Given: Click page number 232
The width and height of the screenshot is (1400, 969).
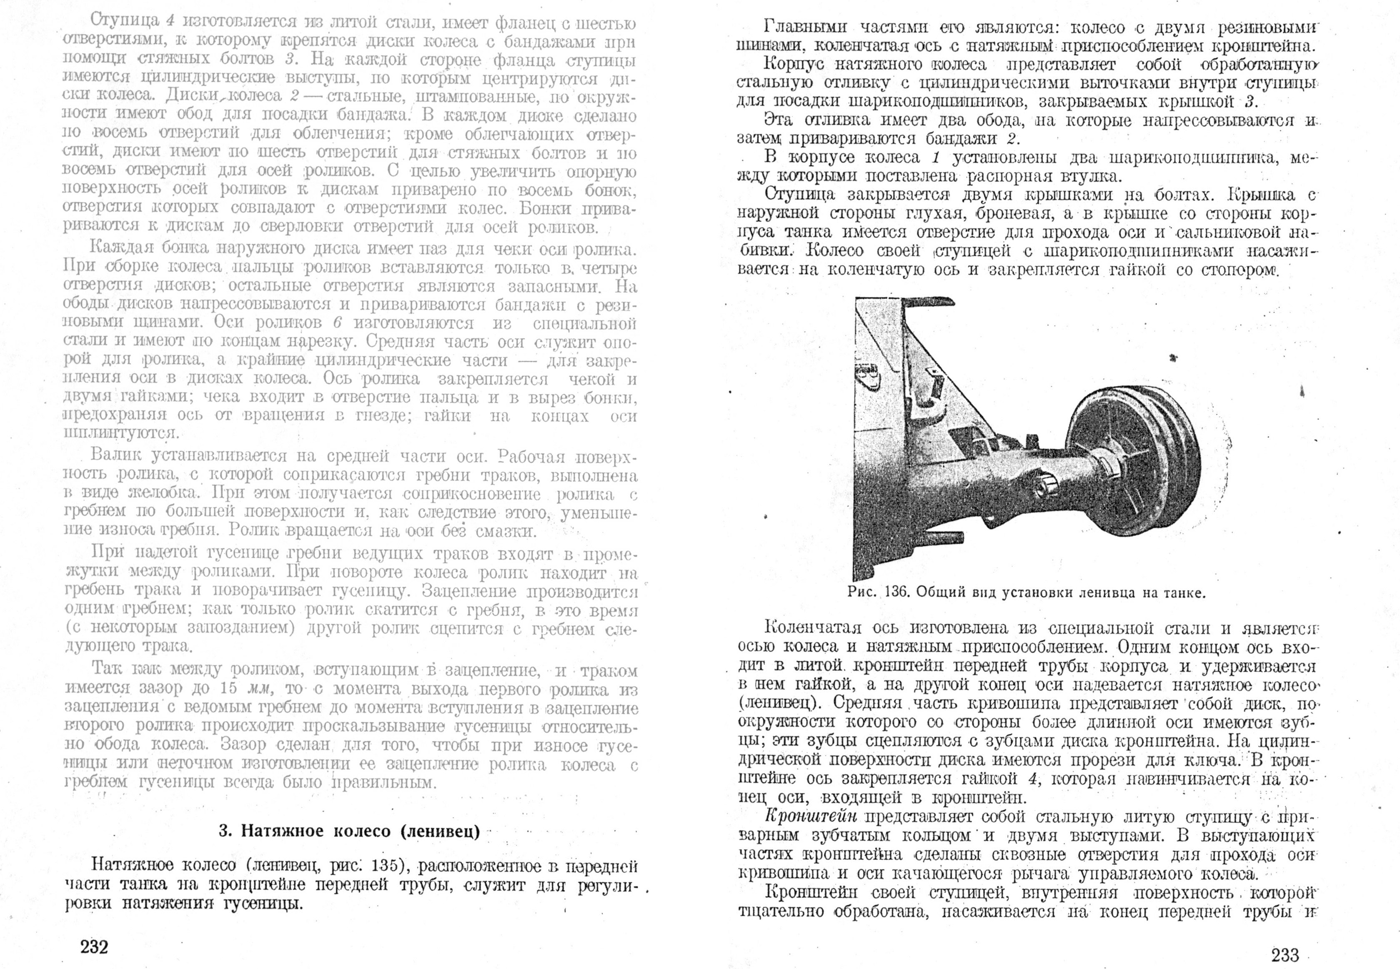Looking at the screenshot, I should click(94, 946).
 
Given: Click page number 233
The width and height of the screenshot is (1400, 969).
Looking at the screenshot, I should click(1285, 954).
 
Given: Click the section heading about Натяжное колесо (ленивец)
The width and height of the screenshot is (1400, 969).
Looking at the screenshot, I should click(349, 831).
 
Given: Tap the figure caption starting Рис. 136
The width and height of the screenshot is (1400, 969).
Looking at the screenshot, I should click(1026, 593).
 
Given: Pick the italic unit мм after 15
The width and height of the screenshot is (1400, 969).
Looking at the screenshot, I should click(258, 689).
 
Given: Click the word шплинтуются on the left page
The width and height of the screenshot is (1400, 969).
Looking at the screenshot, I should click(121, 433).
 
